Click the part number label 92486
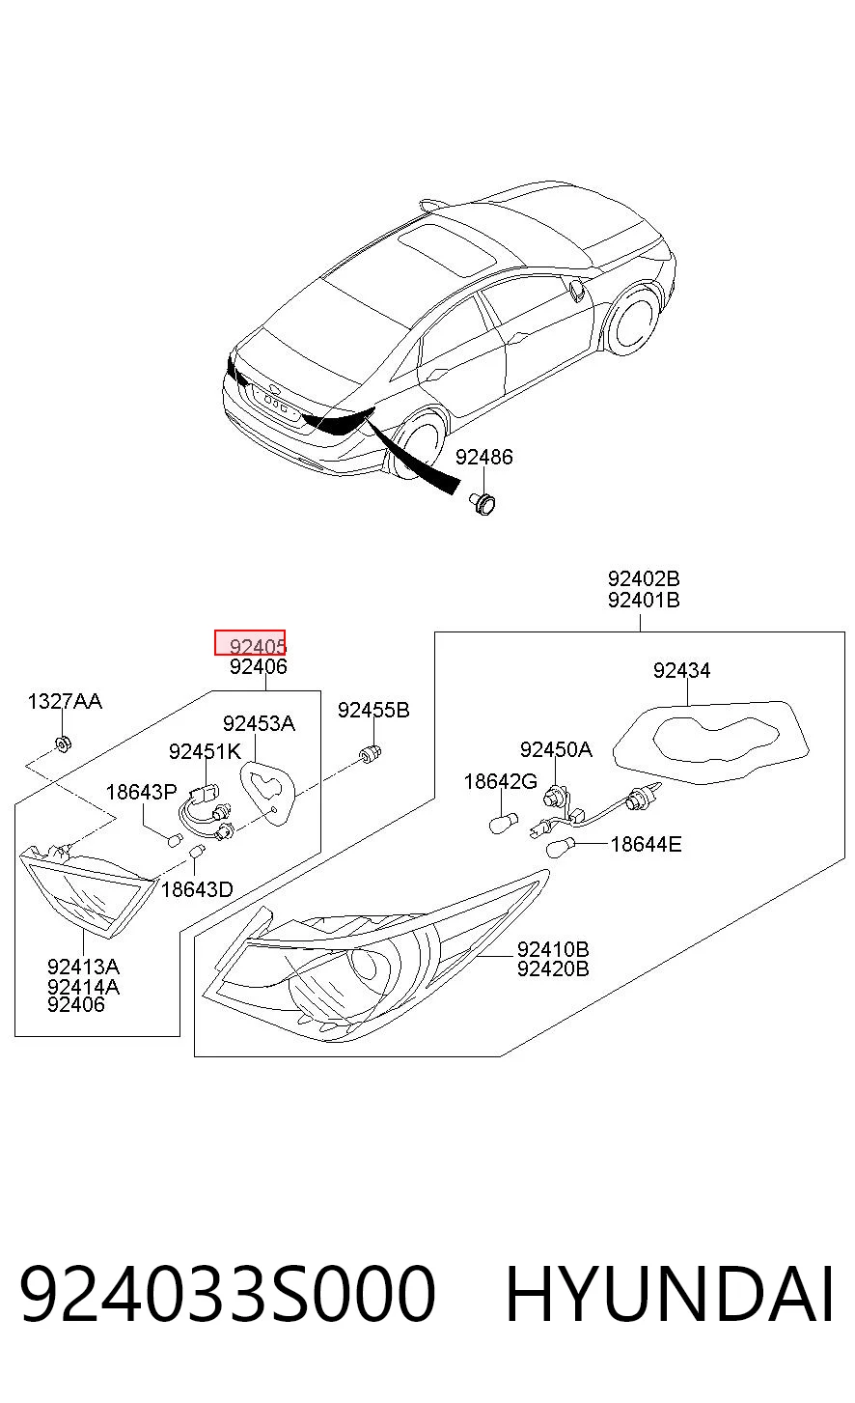[483, 458]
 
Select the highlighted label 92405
[250, 643]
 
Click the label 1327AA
[65, 701]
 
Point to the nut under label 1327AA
[64, 744]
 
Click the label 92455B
[373, 711]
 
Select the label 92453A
[259, 724]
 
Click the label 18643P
[142, 793]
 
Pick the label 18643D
[197, 889]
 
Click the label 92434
[681, 671]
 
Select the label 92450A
[556, 749]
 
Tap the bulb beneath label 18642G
[503, 823]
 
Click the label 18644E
[646, 845]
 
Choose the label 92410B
[553, 949]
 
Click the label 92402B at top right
[644, 578]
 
